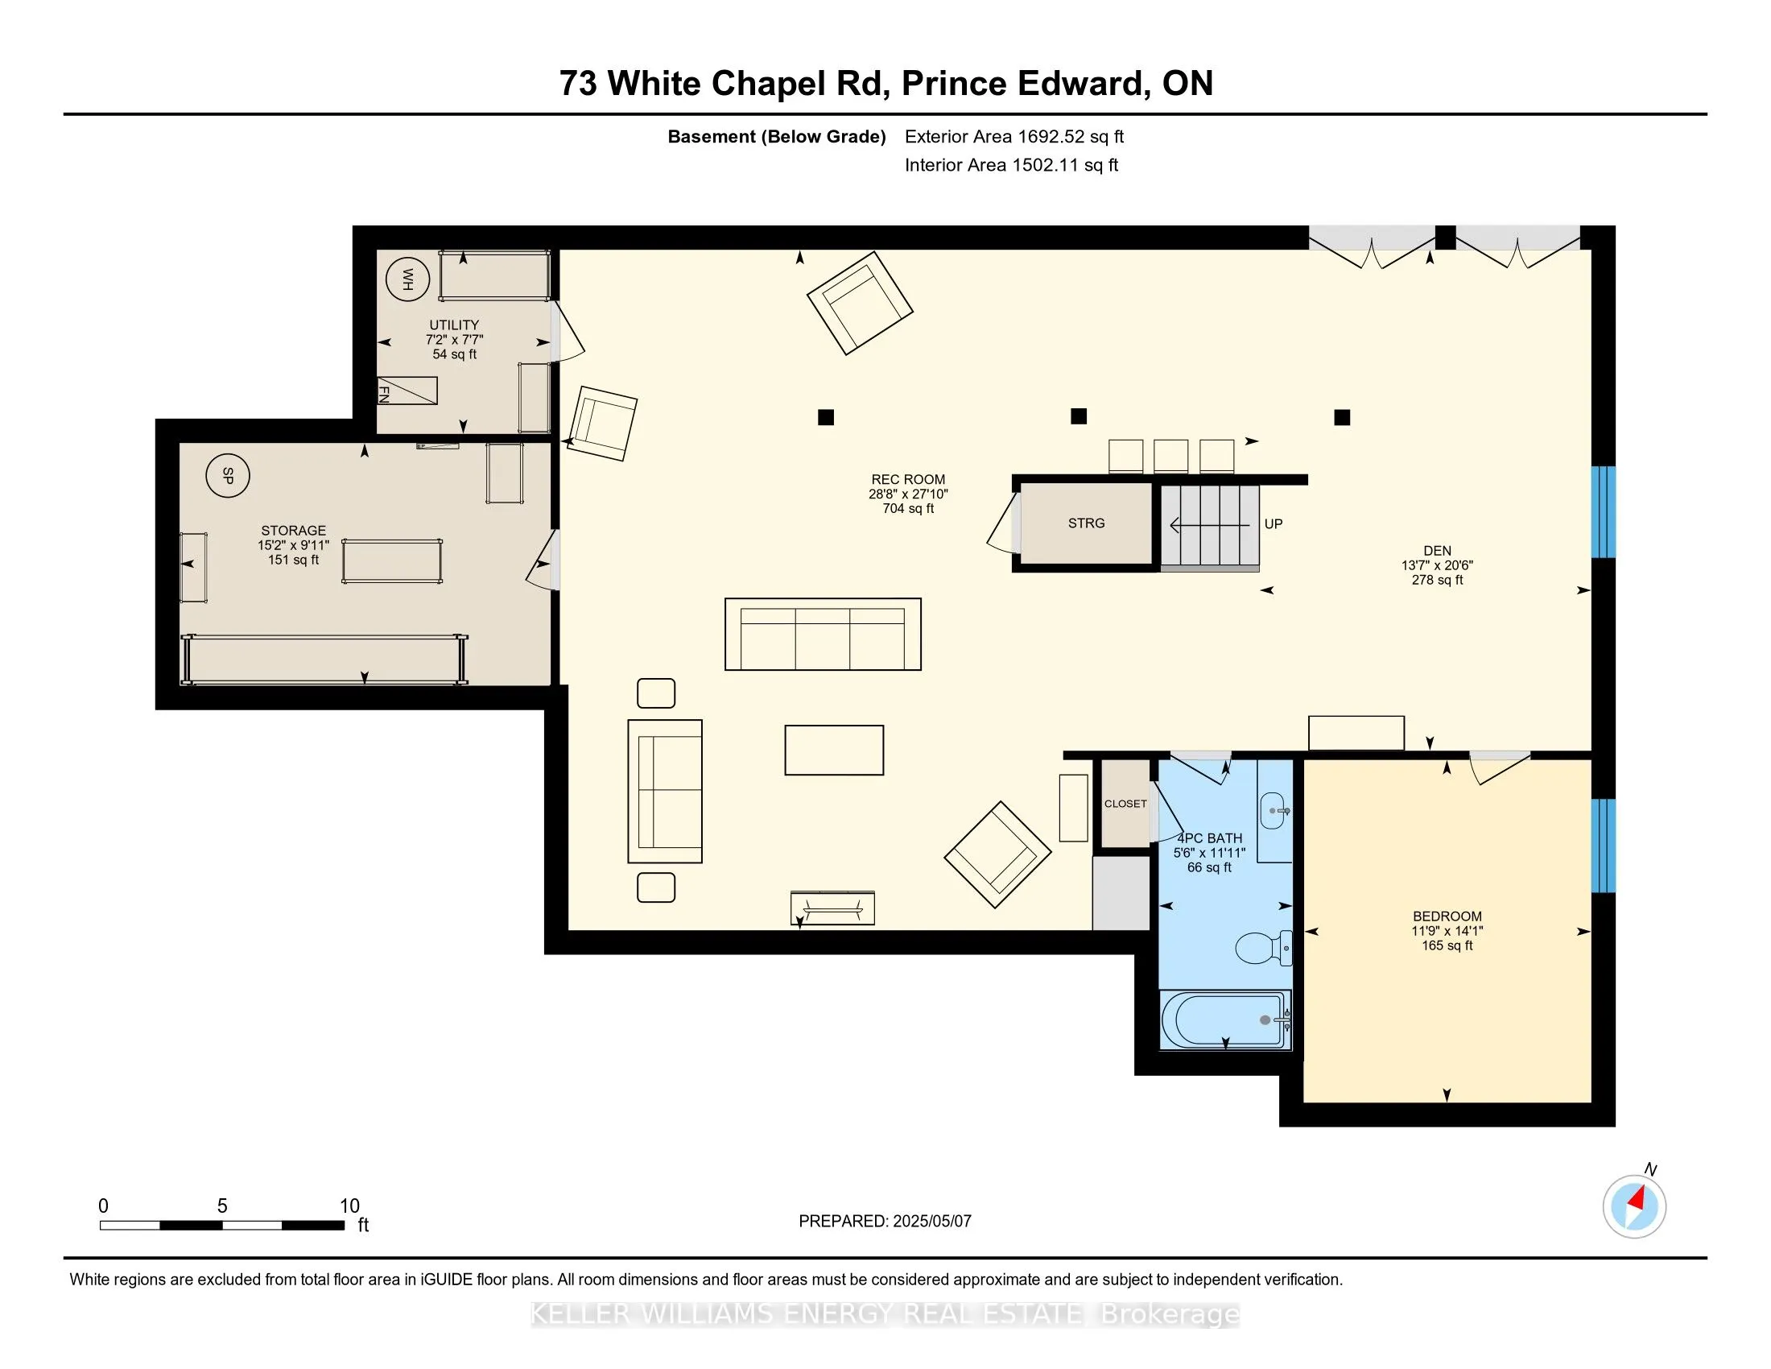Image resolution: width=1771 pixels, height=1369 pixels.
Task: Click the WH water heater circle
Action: [407, 279]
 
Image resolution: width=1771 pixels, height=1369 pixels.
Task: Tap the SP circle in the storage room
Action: [227, 475]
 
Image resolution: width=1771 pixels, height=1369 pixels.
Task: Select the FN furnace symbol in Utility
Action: [407, 391]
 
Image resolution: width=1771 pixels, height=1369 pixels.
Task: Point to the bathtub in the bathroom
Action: [1225, 1020]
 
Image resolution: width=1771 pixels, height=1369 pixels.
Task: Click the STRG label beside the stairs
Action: [1086, 523]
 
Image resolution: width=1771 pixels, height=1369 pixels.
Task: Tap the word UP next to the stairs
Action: [1274, 524]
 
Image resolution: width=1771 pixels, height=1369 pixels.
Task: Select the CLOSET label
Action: [1125, 804]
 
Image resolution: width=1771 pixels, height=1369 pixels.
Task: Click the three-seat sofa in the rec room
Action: [822, 635]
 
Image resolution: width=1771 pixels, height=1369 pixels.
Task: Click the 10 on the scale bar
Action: [349, 1206]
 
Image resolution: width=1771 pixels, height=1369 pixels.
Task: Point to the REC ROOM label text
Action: [908, 479]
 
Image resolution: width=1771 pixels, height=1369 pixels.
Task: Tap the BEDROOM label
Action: [1447, 916]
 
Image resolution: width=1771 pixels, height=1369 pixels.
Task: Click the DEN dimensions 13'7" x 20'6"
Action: [1437, 565]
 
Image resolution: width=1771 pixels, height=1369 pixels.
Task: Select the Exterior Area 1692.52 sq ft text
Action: [1014, 136]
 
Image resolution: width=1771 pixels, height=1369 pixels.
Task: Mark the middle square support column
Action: [1079, 416]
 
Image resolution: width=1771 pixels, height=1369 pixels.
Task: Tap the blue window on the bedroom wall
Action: [1603, 845]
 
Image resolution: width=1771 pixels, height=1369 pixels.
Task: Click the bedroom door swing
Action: [1500, 768]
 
